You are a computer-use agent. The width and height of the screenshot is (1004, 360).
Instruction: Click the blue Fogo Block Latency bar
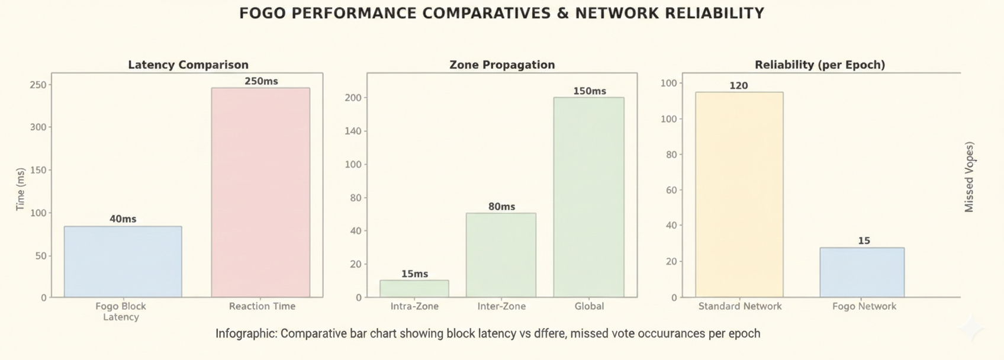point(123,261)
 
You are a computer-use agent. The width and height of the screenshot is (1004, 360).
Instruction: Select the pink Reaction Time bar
point(260,192)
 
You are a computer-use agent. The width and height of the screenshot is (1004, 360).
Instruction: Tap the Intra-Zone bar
point(414,288)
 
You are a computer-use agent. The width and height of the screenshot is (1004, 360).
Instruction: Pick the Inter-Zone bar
point(501,255)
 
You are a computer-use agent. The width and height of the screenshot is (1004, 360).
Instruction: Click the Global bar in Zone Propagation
point(588,197)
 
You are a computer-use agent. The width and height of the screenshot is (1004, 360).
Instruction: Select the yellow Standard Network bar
point(739,194)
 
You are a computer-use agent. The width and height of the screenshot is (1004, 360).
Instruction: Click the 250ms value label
point(261,81)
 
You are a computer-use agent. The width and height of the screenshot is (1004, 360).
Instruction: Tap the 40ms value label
point(123,219)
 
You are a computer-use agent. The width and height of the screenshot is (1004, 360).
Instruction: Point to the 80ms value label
point(501,207)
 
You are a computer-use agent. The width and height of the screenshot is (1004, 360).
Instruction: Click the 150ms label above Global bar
point(590,91)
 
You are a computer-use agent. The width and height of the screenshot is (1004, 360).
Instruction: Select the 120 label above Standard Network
point(739,86)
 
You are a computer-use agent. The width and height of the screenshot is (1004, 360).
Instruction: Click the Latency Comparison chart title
point(188,65)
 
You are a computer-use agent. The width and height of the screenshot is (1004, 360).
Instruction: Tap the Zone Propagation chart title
point(502,65)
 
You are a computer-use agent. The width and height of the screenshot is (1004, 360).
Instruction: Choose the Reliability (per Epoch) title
point(820,65)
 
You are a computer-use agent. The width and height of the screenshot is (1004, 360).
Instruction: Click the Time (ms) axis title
point(21,189)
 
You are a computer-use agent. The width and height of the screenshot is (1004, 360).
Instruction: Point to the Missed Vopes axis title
point(969,177)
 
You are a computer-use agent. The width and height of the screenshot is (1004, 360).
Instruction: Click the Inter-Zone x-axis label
point(501,306)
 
